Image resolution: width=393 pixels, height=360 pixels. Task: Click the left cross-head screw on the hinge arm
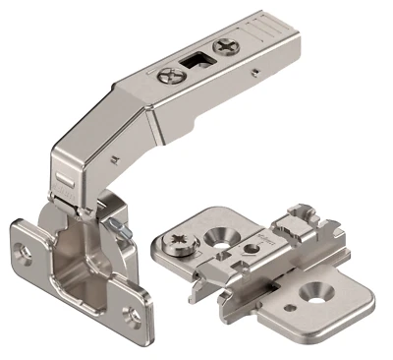(189, 72)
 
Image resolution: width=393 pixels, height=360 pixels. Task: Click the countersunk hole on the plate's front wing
(314, 291)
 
